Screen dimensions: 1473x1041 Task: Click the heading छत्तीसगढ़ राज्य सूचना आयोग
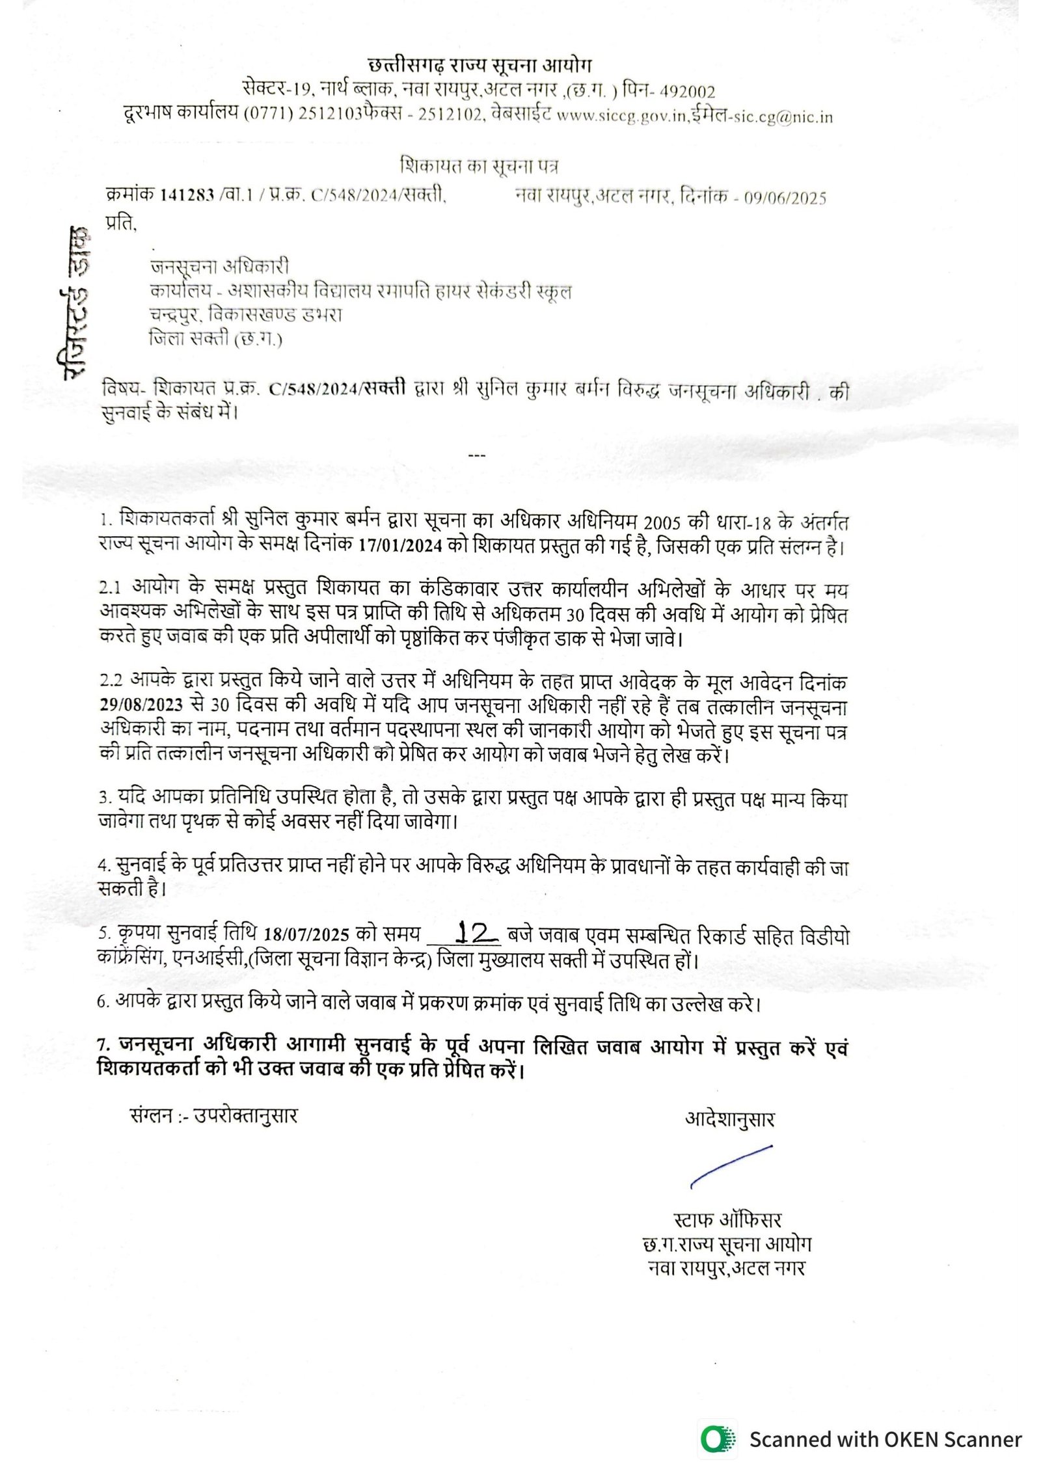(x=480, y=66)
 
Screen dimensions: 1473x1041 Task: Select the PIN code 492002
(x=683, y=92)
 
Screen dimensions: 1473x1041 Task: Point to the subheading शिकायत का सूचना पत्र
(x=479, y=167)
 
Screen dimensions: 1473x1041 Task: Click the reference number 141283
(x=187, y=195)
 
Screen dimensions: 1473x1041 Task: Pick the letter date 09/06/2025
(x=785, y=198)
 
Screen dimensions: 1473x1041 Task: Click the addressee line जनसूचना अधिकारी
(x=219, y=267)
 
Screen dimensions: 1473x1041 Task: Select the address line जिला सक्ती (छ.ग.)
(x=215, y=339)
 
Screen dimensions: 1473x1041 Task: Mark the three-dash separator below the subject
(x=477, y=455)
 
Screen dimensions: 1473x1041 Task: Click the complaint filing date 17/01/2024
(x=401, y=545)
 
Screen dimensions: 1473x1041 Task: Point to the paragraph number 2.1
(x=110, y=588)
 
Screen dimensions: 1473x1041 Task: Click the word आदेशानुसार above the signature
(x=729, y=1119)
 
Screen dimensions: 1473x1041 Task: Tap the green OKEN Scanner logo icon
(x=718, y=1439)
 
